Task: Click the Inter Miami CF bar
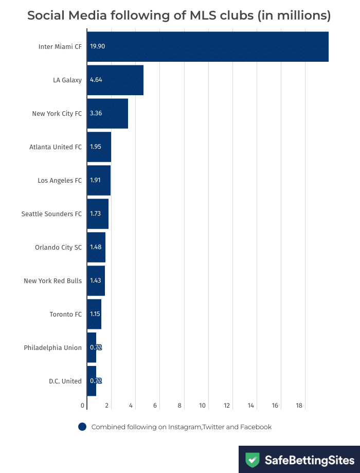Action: (x=208, y=46)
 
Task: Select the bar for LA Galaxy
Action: (x=115, y=80)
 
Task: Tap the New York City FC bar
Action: (x=107, y=113)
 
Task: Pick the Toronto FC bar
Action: (x=94, y=314)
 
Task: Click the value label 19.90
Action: (x=97, y=46)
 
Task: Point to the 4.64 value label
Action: (x=96, y=80)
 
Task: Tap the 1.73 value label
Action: (x=96, y=214)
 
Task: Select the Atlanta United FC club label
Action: (x=56, y=147)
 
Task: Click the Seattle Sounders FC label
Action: (x=51, y=214)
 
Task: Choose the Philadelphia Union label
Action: (x=52, y=347)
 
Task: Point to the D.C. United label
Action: (x=65, y=381)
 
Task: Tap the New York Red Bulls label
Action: (x=52, y=281)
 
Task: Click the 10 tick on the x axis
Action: (x=203, y=406)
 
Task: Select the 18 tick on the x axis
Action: (x=299, y=406)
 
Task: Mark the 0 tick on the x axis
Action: (x=83, y=406)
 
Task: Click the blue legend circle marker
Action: (x=82, y=427)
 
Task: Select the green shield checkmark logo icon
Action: (x=252, y=460)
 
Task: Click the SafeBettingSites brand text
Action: (x=310, y=460)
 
